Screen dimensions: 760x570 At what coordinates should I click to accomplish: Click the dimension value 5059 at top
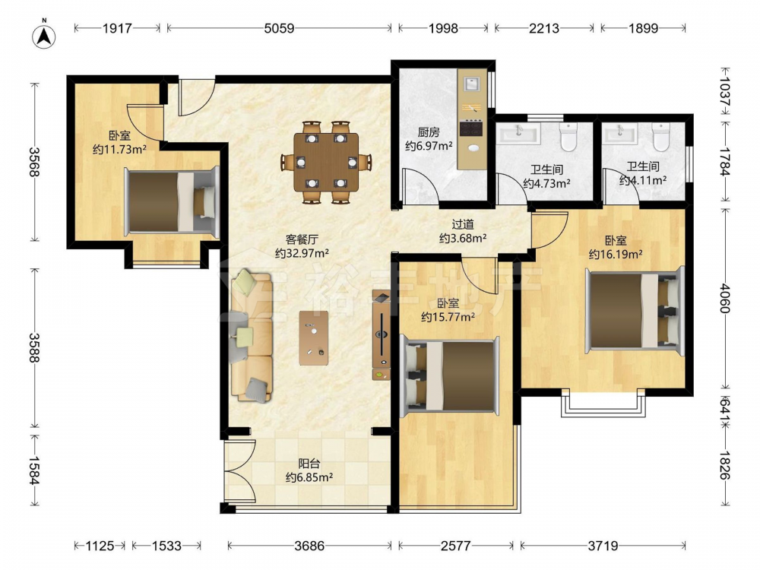coord(279,28)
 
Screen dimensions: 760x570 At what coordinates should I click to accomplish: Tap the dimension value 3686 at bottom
coord(309,546)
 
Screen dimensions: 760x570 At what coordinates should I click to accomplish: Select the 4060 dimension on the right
coord(724,299)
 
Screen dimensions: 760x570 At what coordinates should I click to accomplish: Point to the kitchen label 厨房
coord(429,131)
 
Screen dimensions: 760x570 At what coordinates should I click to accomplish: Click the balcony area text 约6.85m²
coord(309,477)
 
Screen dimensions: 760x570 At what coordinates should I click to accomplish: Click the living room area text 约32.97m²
coord(302,253)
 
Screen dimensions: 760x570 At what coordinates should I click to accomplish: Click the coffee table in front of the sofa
coord(314,338)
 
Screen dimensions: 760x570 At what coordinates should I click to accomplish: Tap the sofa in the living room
coord(252,336)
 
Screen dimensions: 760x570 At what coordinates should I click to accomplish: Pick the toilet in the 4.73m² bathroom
coord(568,137)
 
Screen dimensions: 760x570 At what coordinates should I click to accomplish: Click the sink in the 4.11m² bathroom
coord(620,133)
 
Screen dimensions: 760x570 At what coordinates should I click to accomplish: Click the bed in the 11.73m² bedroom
coord(172,201)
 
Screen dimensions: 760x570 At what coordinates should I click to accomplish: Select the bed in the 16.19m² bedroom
coord(635,310)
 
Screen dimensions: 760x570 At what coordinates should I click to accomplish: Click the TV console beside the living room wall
coord(381,335)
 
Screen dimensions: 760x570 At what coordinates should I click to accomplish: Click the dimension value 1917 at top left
coord(117,28)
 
